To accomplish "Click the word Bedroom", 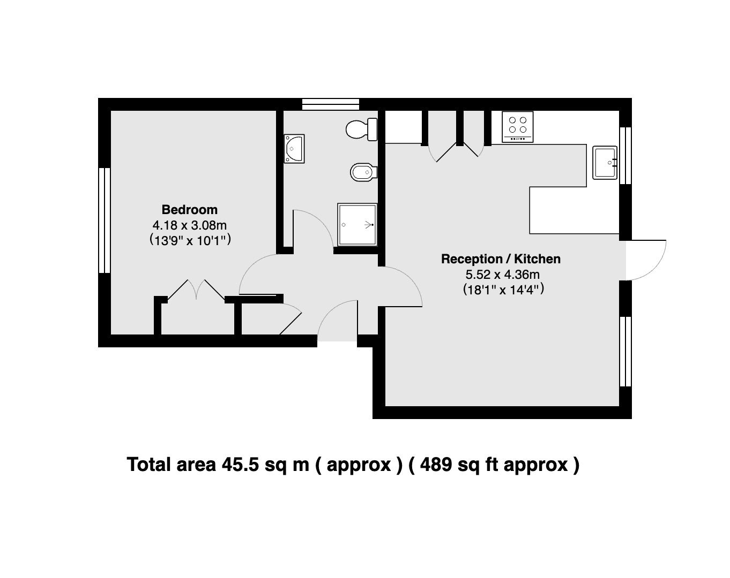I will pyautogui.click(x=190, y=209).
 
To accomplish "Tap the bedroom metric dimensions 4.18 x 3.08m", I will pyautogui.click(x=190, y=225).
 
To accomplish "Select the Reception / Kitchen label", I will pyautogui.click(x=501, y=259).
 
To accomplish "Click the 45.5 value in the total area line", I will pyautogui.click(x=240, y=465).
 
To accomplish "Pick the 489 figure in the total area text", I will pyautogui.click(x=436, y=465).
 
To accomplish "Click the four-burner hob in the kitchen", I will pyautogui.click(x=518, y=127).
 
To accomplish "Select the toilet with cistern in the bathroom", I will pyautogui.click(x=362, y=129).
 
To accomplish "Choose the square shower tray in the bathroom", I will pyautogui.click(x=357, y=224).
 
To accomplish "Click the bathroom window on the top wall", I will pyautogui.click(x=330, y=104).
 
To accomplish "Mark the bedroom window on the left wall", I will pyautogui.click(x=105, y=220).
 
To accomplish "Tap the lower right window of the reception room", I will pyautogui.click(x=625, y=351).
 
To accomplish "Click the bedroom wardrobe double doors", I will pyautogui.click(x=196, y=291).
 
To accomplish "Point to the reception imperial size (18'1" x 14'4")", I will pyautogui.click(x=503, y=290).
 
